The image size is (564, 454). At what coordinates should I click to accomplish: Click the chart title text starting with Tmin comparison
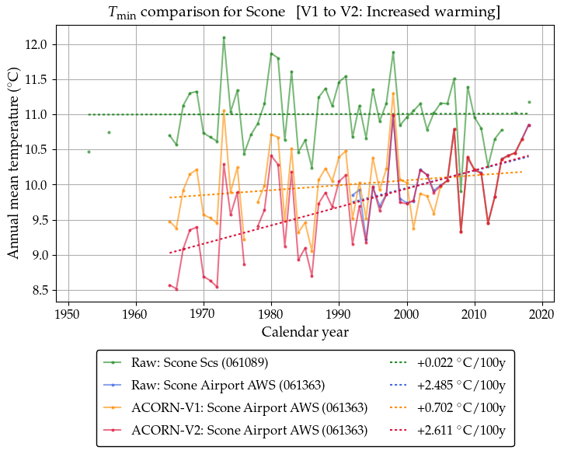coord(304,12)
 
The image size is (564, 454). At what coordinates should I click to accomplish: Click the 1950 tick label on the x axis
coord(68,313)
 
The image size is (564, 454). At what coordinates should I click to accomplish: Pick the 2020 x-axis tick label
coord(542,313)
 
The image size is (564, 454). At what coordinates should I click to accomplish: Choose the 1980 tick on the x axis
coord(271,313)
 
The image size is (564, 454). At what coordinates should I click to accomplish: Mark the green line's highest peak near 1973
coord(224,37)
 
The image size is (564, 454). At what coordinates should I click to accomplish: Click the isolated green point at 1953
coord(89,152)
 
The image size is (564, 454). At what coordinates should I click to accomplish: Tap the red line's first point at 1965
coord(169,285)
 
